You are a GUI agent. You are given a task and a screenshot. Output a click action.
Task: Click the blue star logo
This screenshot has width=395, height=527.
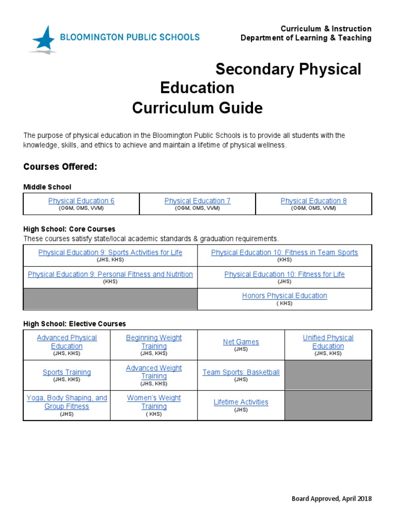(43, 39)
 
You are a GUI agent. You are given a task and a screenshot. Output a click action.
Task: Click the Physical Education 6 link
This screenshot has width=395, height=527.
(81, 201)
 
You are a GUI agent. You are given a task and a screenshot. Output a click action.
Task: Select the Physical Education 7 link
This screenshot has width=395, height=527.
(197, 201)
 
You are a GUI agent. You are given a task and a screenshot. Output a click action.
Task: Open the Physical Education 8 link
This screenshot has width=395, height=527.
(314, 201)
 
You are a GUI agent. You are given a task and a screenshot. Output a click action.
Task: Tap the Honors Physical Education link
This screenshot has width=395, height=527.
(284, 295)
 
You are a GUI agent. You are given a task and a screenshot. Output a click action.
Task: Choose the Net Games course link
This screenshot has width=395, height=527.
(241, 342)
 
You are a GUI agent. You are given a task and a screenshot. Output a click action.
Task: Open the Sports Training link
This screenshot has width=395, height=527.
(67, 372)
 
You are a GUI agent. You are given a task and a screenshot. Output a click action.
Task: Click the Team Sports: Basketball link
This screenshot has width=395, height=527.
(241, 372)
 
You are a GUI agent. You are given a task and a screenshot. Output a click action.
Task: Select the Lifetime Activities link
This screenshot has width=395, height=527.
(241, 402)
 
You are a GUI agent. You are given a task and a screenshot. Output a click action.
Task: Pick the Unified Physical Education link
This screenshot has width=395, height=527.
(328, 342)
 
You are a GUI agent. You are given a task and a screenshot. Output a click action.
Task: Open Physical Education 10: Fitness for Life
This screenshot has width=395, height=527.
(284, 274)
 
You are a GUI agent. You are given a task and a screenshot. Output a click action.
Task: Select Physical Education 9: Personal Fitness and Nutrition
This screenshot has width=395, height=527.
(110, 274)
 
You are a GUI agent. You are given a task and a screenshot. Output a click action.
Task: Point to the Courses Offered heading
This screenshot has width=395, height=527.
(60, 167)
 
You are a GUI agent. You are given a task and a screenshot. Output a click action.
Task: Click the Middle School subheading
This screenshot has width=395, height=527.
(47, 187)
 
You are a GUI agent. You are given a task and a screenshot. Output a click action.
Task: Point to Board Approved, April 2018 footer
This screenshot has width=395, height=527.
(331, 499)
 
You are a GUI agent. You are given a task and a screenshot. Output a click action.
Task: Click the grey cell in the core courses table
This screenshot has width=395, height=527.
(110, 299)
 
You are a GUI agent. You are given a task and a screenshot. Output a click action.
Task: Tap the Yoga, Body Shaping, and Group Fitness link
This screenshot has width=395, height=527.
(67, 402)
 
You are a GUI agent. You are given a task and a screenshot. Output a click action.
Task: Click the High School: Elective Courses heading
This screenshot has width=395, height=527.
(75, 324)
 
